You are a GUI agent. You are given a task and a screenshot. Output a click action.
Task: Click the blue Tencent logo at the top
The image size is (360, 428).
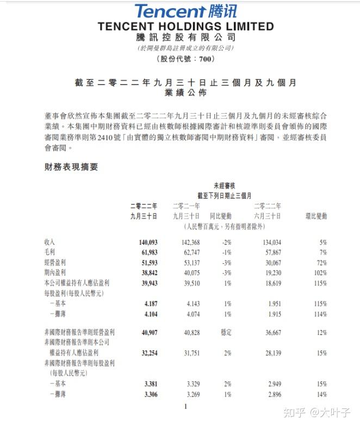(185, 11)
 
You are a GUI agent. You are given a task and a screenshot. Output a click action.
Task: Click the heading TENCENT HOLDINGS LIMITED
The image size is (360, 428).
(185, 26)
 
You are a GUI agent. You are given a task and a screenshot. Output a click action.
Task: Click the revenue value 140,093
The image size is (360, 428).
(144, 242)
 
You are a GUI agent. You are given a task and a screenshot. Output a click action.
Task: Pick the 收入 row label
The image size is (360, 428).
(50, 242)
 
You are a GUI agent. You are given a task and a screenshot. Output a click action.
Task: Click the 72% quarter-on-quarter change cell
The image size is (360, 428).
(320, 262)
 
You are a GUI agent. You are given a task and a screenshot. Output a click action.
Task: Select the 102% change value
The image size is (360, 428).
(319, 272)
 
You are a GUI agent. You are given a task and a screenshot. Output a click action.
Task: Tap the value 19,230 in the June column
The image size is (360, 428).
(270, 272)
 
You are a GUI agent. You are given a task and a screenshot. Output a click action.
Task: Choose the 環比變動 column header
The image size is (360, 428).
(316, 216)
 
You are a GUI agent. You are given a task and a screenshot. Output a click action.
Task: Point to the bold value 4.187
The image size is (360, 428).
(148, 303)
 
